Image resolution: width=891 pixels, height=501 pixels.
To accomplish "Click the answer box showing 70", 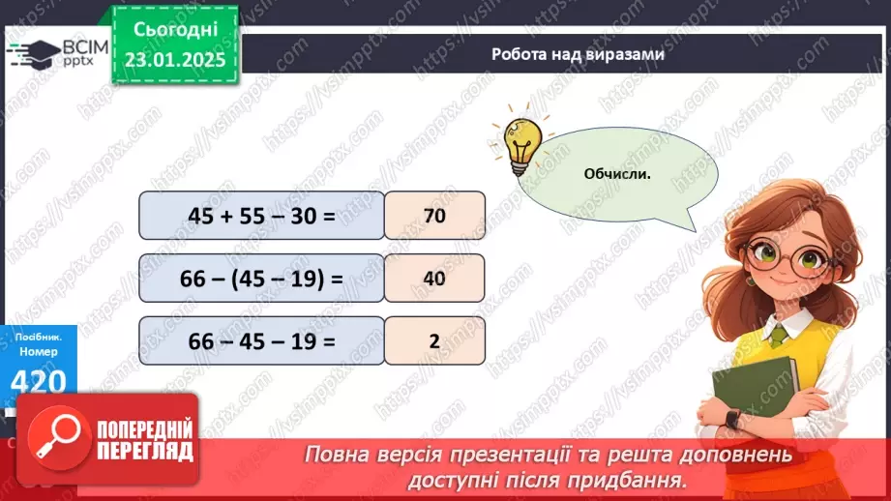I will (x=434, y=216).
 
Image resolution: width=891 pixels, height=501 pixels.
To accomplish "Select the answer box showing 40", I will (x=434, y=279).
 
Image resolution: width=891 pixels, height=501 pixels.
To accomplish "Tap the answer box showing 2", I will (x=434, y=340).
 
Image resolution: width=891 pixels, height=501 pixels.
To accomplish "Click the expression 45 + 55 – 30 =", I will (x=261, y=216).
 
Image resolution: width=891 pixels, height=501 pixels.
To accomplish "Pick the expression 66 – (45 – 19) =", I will (x=261, y=279).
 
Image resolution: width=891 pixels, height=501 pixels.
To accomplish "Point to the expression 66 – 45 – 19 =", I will (x=261, y=340).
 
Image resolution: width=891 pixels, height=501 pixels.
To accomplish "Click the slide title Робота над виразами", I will (x=578, y=55).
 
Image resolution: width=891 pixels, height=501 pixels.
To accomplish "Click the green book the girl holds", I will (x=754, y=393).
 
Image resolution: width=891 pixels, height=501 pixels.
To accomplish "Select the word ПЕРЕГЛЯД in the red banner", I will (x=145, y=451).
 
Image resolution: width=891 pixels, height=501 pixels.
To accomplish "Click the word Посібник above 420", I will (x=36, y=338).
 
